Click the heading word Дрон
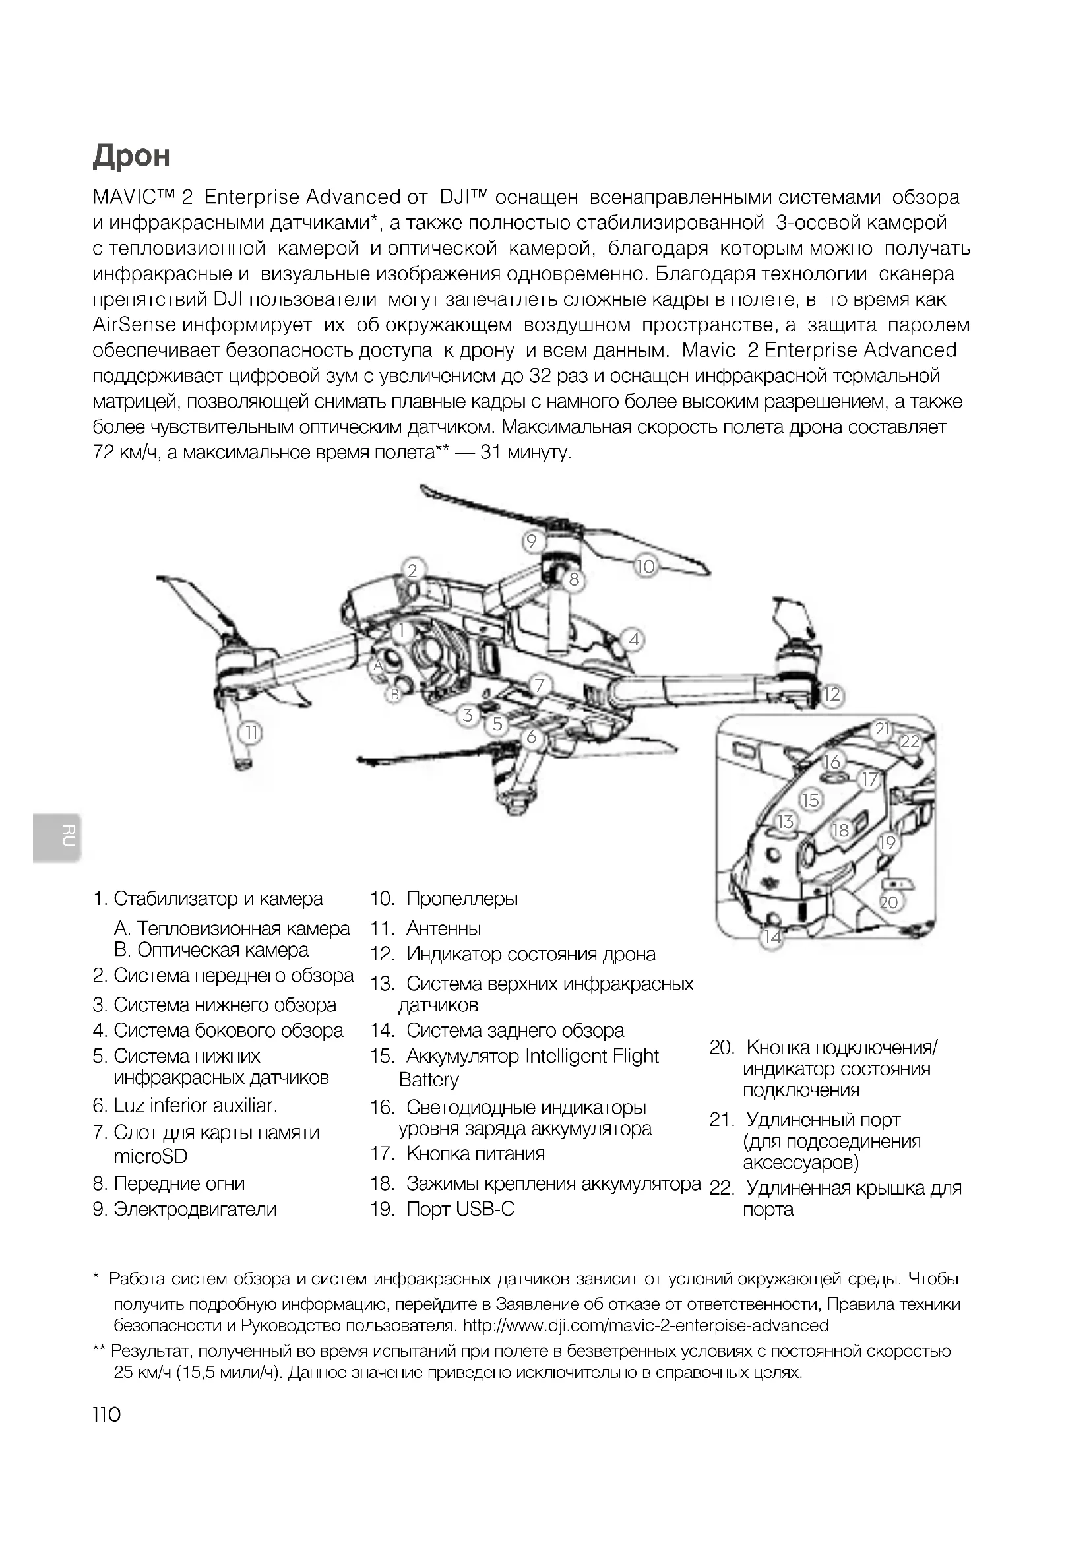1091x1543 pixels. pos(132,156)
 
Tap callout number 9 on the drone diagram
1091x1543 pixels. pos(532,541)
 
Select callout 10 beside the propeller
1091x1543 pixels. pos(645,567)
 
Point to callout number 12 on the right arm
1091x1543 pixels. pos(832,694)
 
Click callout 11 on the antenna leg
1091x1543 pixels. pos(251,732)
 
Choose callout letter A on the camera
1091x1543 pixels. pos(377,666)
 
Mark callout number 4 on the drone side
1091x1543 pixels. pos(633,640)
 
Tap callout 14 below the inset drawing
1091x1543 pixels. pos(772,937)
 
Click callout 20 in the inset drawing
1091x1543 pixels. pos(888,902)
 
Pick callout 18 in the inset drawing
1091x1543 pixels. pos(840,831)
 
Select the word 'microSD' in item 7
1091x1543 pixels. pos(150,1156)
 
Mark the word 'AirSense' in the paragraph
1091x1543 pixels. pos(135,325)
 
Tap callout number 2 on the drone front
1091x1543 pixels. pos(412,571)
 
